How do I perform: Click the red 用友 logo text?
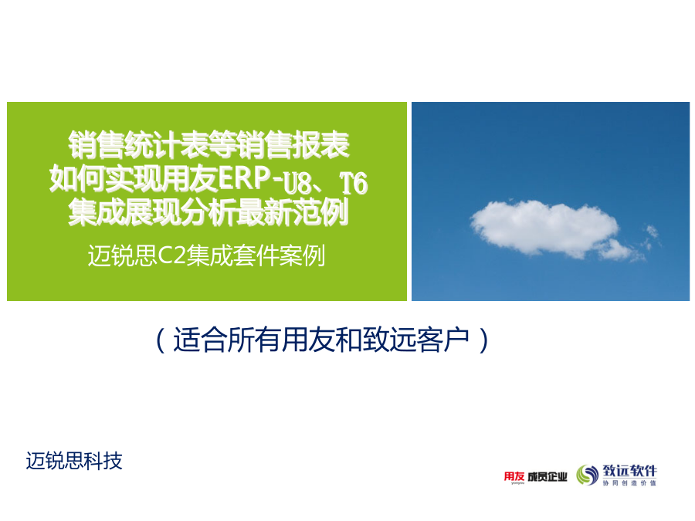[x=514, y=476]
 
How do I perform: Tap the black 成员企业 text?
[x=548, y=477]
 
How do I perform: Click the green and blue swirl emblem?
[x=588, y=475]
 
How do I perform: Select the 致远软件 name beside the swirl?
[x=629, y=471]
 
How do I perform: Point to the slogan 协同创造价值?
[x=629, y=483]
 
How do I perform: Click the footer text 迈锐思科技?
[x=74, y=461]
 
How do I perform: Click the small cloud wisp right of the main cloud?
[x=652, y=234]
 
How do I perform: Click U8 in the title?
[x=297, y=182]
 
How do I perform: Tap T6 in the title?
[x=353, y=182]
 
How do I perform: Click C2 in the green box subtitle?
[x=171, y=255]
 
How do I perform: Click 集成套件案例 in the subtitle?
[x=256, y=255]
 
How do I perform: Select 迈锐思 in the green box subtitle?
[x=123, y=255]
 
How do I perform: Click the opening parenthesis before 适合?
[x=161, y=340]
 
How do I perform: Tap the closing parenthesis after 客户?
[x=483, y=340]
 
